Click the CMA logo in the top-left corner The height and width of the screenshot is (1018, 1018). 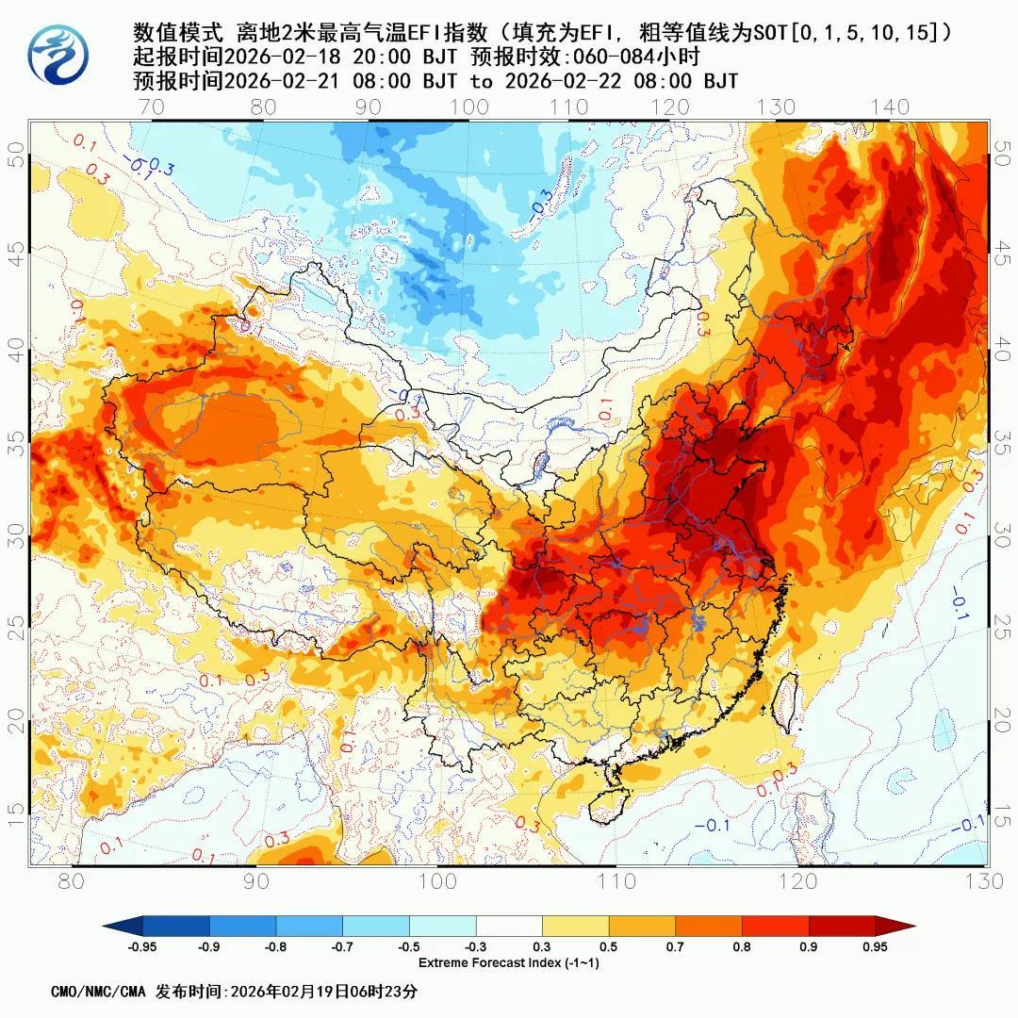click(57, 54)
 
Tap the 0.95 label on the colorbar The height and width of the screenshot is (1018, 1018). click(875, 947)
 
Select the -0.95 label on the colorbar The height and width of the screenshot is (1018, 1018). click(141, 947)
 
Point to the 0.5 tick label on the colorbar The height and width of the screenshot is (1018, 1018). click(608, 947)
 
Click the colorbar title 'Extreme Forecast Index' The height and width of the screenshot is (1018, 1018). click(509, 962)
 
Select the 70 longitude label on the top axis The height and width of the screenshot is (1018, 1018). click(151, 107)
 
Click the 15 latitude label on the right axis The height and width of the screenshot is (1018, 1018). click(1003, 813)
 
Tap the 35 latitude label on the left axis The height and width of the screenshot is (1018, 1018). click(16, 443)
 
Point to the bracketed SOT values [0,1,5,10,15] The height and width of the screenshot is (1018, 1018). click(871, 33)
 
